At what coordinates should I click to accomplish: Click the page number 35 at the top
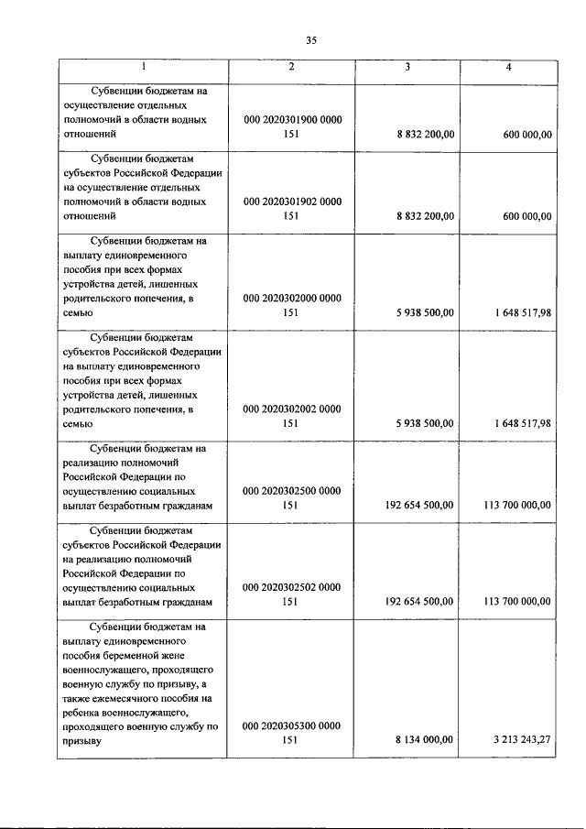[x=310, y=39]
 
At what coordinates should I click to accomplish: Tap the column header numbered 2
[x=291, y=67]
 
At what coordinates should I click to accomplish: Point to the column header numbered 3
[x=407, y=67]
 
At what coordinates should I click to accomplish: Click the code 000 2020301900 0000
[x=291, y=120]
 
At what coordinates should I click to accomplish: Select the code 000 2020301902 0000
[x=291, y=202]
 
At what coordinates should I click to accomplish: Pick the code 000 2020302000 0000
[x=291, y=298]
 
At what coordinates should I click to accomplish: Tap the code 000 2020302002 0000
[x=291, y=408]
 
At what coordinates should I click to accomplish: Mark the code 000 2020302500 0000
[x=291, y=490]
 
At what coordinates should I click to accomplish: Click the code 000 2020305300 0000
[x=291, y=725]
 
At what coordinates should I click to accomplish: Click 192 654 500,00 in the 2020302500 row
[x=418, y=505]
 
